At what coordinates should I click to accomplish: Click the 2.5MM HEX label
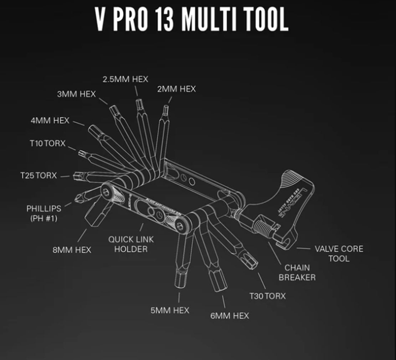click(125, 79)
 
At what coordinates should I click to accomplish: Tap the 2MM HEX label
click(176, 89)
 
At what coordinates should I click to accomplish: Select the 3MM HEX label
click(76, 94)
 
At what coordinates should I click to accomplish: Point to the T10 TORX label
click(47, 143)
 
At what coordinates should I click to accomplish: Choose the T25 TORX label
click(38, 175)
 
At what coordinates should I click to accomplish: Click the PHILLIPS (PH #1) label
click(43, 213)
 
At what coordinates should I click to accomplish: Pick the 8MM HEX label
click(72, 250)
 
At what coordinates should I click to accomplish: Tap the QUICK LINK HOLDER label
click(131, 244)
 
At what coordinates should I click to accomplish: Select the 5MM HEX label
click(170, 310)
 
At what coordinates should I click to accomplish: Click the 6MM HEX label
click(230, 315)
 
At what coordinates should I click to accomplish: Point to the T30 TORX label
click(267, 296)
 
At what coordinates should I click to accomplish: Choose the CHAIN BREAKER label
click(297, 272)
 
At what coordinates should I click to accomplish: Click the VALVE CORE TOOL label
click(339, 253)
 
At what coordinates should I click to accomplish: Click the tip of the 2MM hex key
click(166, 108)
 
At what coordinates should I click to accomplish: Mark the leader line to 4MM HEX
click(79, 123)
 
